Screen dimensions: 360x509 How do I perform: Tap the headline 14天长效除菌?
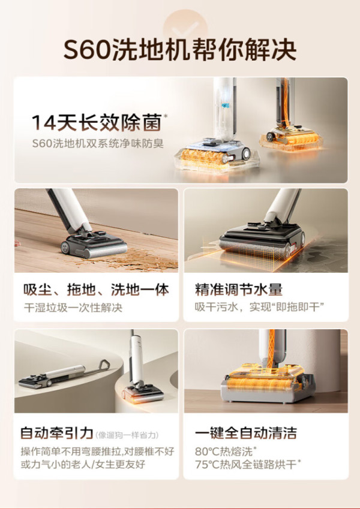pos(97,123)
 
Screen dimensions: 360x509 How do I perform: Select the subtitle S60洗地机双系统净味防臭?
pos(98,143)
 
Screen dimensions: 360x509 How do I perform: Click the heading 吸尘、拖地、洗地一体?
pos(96,290)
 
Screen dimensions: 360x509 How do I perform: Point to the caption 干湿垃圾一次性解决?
pos(73,308)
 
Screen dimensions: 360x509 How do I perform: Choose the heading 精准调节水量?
pos(239,290)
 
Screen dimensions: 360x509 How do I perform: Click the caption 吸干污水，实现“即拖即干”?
pos(260,307)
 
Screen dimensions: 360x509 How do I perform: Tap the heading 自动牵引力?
pos(57,433)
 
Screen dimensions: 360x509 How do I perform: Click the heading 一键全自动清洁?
pos(246,433)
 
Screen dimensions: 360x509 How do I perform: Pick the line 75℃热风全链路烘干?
pos(248,465)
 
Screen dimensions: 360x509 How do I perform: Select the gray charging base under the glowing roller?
pos(268,390)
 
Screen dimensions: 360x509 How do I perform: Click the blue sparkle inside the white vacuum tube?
pos(226,105)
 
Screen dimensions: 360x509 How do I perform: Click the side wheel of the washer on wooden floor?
pos(67,248)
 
